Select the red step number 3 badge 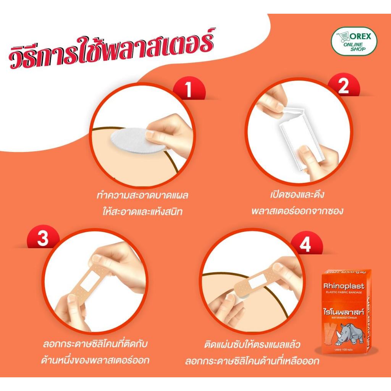point(43,239)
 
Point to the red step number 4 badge point(305,246)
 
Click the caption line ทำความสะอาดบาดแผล point(143,196)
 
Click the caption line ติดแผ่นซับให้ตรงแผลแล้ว point(252,345)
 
